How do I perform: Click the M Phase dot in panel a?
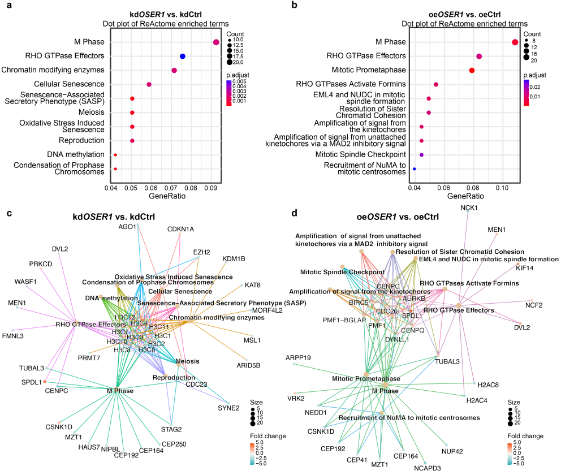pos(216,42)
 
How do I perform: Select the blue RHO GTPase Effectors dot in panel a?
pos(183,56)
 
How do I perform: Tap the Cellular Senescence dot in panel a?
pos(149,84)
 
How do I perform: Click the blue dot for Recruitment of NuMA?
pos(415,169)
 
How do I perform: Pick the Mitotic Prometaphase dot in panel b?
pos(472,70)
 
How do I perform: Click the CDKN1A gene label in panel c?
pos(180,229)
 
